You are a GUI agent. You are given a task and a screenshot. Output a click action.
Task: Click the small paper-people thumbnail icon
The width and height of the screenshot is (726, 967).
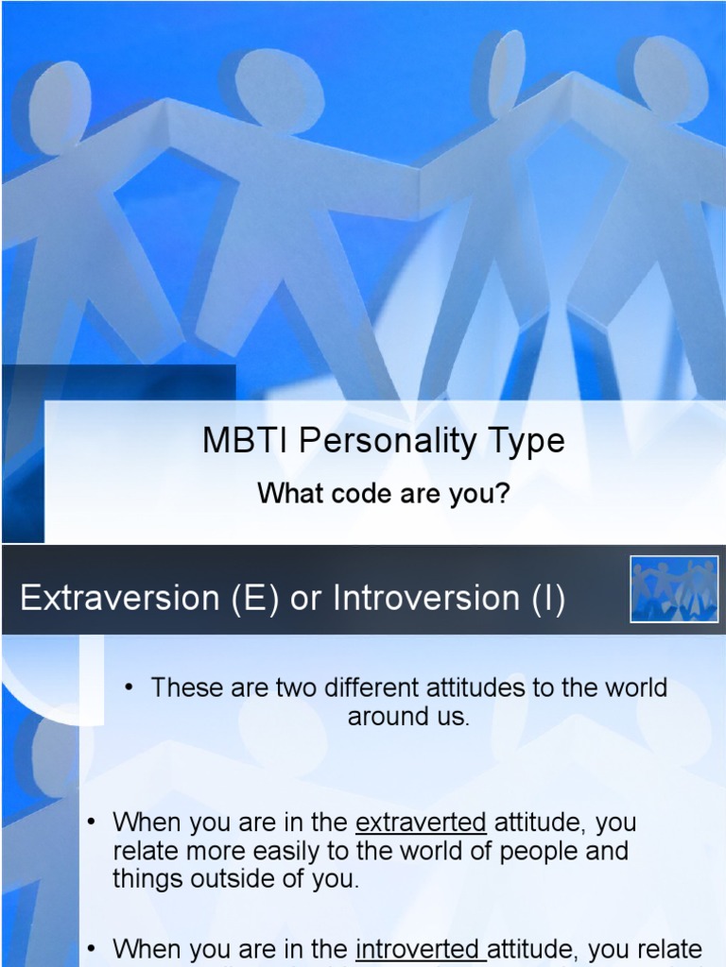[x=674, y=589]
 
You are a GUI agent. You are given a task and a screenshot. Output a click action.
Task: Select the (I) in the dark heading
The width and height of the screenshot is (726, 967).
[x=548, y=599]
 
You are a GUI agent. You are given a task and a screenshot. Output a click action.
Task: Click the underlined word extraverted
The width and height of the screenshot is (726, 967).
[x=421, y=823]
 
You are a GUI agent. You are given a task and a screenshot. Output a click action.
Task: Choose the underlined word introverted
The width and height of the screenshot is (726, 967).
[x=419, y=949]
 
